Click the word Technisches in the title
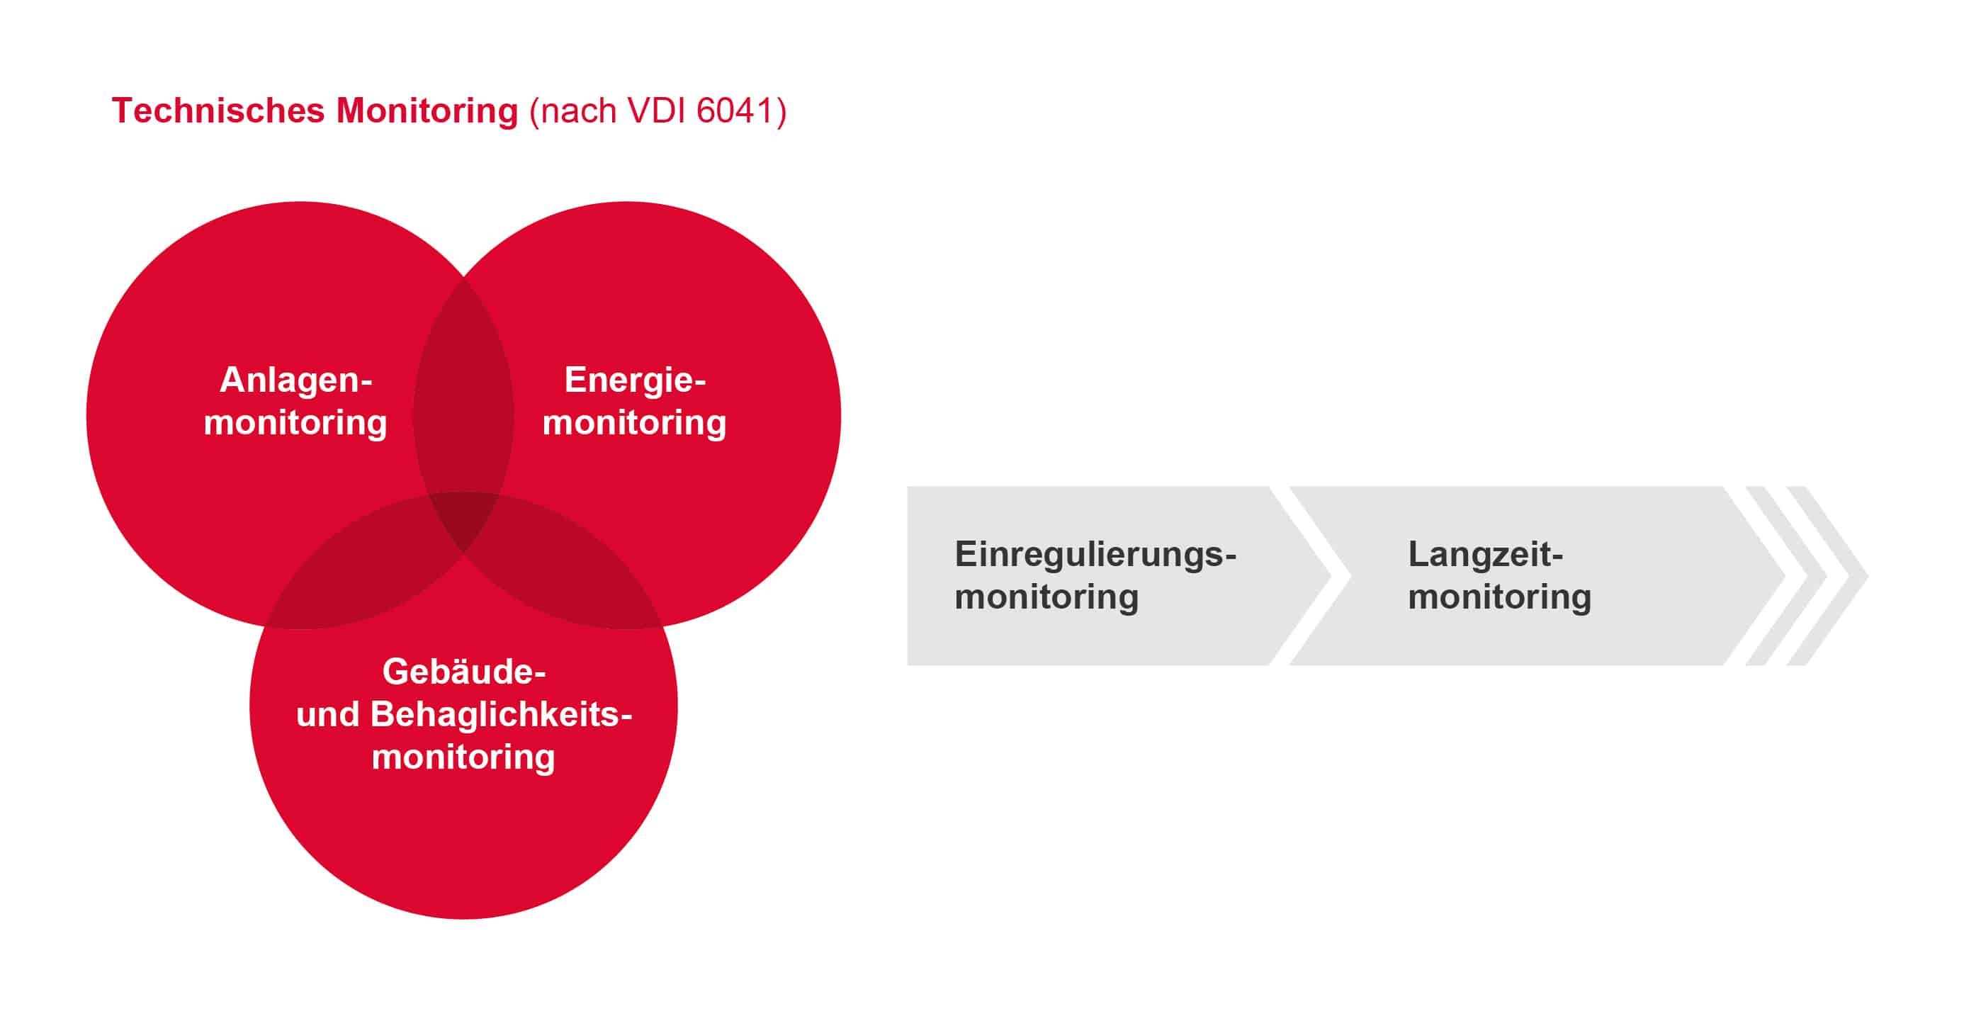218,111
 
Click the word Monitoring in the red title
427,111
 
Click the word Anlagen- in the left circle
296,380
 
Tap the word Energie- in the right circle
635,380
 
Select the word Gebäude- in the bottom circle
463,672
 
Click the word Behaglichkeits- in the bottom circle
501,714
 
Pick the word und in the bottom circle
327,715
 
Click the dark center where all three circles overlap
463,519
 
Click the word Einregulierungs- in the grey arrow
1095,554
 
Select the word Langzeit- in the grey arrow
1485,554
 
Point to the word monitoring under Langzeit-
1499,597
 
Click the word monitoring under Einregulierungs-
1046,597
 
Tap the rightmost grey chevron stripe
1827,575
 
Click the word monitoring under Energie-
634,423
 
